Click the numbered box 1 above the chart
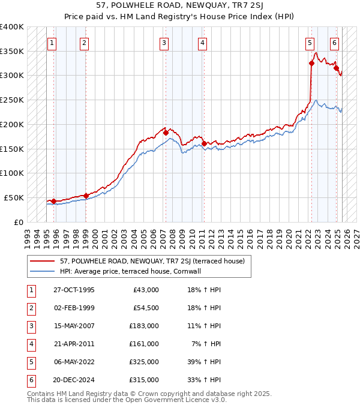[x=52, y=43]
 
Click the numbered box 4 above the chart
[x=203, y=43]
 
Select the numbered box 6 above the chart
[x=334, y=43]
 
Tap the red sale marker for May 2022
[x=312, y=63]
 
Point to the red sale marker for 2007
[x=166, y=133]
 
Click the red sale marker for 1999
[x=86, y=195]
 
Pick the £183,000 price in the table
[x=145, y=326]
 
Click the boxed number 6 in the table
[x=29, y=380]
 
